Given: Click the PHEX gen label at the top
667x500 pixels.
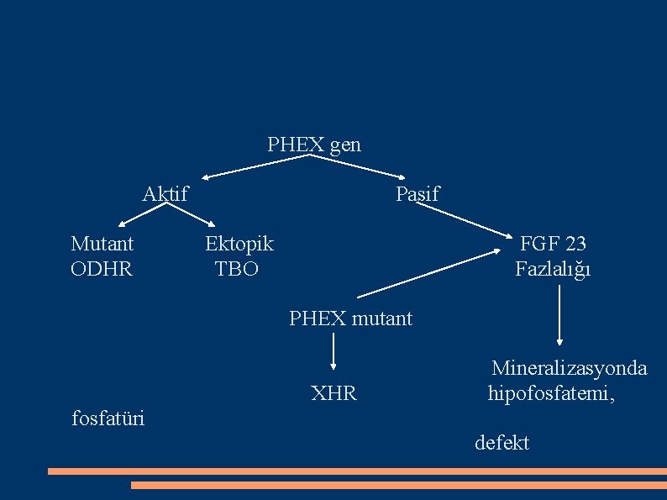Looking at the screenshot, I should pyautogui.click(x=313, y=145).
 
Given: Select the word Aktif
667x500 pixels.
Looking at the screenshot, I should pyautogui.click(x=165, y=194).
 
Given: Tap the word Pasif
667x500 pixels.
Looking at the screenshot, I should pyautogui.click(x=417, y=194).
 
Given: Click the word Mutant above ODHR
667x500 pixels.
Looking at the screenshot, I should pyautogui.click(x=102, y=244).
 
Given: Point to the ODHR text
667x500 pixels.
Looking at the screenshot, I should pyautogui.click(x=102, y=270).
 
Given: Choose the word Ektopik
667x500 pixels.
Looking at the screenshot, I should pyautogui.click(x=239, y=244).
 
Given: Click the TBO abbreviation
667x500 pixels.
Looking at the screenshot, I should pyautogui.click(x=237, y=270).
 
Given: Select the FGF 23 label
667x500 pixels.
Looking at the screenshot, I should pyautogui.click(x=553, y=244).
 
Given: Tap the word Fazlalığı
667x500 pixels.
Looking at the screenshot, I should pyautogui.click(x=553, y=270).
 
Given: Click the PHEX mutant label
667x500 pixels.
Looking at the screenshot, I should pyautogui.click(x=350, y=318).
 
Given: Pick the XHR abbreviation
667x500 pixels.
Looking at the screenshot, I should pyautogui.click(x=333, y=392).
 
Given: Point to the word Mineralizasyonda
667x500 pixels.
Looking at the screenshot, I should pyautogui.click(x=569, y=368).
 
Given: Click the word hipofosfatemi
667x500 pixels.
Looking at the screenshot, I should pyautogui.click(x=550, y=392).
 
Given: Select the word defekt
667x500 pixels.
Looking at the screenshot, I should pyautogui.click(x=502, y=443).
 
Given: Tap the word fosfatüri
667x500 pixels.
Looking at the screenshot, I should pyautogui.click(x=108, y=417).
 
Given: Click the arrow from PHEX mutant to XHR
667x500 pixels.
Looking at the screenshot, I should pyautogui.click(x=334, y=351).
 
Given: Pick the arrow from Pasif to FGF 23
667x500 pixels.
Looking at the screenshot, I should pyautogui.click(x=462, y=220).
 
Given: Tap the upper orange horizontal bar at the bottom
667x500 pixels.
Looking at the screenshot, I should pyautogui.click(x=356, y=471).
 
